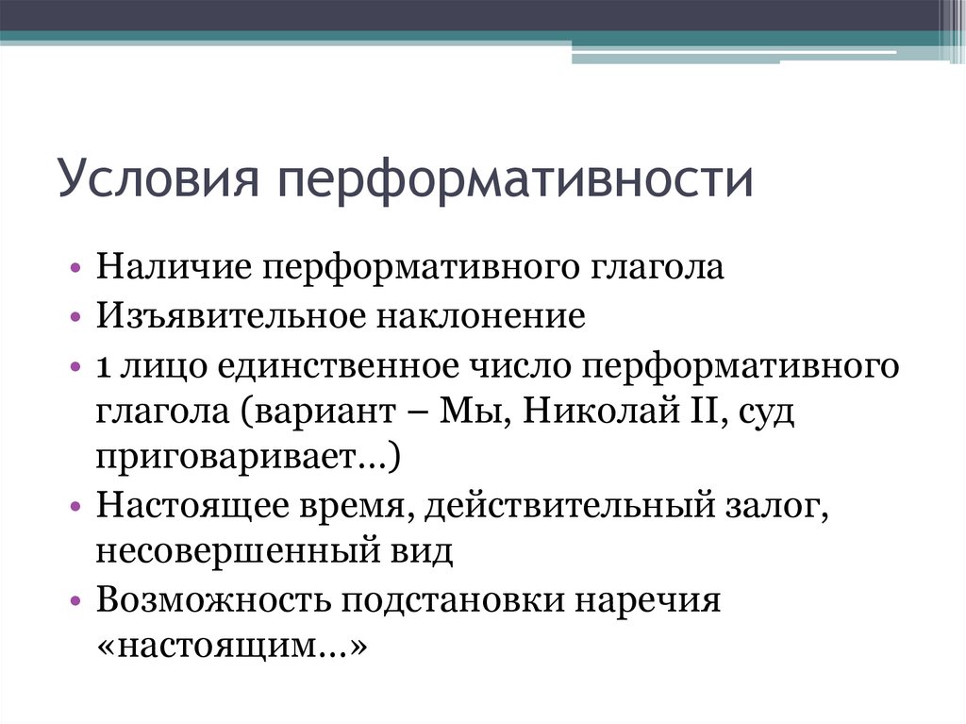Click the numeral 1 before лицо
coord(102,364)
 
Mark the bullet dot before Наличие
coord(75,268)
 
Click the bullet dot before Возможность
coord(75,601)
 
